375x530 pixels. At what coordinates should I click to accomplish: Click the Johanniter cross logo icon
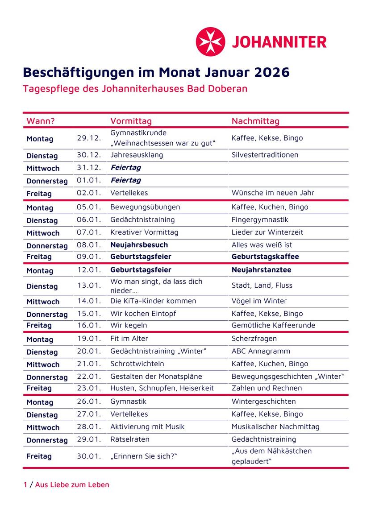(x=211, y=42)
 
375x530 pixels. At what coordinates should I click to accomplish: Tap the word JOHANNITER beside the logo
(x=279, y=42)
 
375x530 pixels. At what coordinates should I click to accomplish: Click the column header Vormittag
(x=131, y=121)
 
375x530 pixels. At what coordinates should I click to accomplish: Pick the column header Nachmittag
(x=255, y=121)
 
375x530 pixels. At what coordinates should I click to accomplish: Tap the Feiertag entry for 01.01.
(x=125, y=180)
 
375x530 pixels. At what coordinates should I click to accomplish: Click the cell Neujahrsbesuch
(x=139, y=245)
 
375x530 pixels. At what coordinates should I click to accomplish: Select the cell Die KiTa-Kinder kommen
(x=153, y=301)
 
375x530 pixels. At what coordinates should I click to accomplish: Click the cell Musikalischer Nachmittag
(x=275, y=427)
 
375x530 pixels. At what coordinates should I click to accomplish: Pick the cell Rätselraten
(x=130, y=439)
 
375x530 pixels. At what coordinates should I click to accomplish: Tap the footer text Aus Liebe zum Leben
(x=72, y=485)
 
